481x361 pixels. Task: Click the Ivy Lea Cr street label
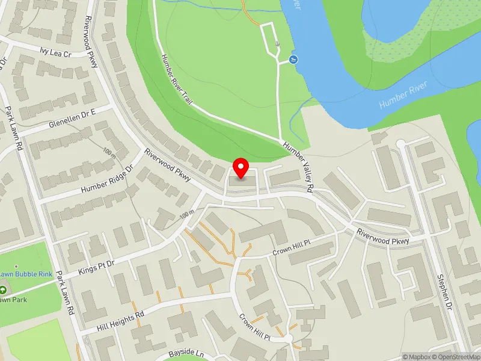pyautogui.click(x=55, y=52)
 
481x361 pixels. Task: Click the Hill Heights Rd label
pyautogui.click(x=120, y=322)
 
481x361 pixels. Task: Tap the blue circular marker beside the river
pyautogui.click(x=293, y=59)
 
